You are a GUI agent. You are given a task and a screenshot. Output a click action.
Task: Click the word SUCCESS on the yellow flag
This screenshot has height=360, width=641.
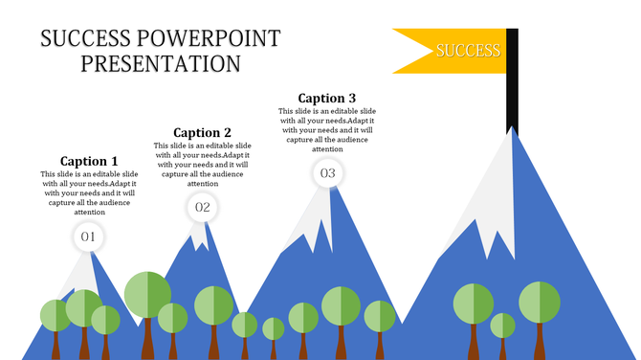point(468,50)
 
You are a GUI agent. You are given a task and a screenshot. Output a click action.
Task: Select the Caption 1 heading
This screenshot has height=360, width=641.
point(89,161)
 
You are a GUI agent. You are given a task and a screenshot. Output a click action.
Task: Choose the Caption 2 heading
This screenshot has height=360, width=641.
point(202,133)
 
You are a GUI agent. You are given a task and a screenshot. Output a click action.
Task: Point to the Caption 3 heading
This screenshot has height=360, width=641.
point(327,98)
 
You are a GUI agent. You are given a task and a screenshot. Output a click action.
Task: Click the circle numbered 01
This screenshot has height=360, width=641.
point(88,236)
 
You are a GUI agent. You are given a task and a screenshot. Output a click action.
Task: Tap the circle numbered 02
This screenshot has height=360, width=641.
point(203,206)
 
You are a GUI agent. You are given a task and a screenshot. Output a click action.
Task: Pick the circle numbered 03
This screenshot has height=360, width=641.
point(327,173)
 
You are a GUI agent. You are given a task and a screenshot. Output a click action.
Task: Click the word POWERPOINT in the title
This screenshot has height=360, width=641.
point(210,39)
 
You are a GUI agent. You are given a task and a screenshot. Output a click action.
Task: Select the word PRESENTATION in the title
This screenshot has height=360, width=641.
point(161,64)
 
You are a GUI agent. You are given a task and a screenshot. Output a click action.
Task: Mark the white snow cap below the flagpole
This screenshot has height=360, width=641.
point(497,182)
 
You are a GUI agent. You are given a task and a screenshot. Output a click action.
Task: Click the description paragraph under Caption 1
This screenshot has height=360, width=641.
point(89,192)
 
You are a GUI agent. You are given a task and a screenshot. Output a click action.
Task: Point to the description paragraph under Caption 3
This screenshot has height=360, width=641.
point(327,129)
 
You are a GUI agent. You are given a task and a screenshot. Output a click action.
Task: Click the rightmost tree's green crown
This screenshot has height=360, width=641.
point(540,302)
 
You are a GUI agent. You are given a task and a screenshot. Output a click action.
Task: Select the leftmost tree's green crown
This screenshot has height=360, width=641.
point(54,315)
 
